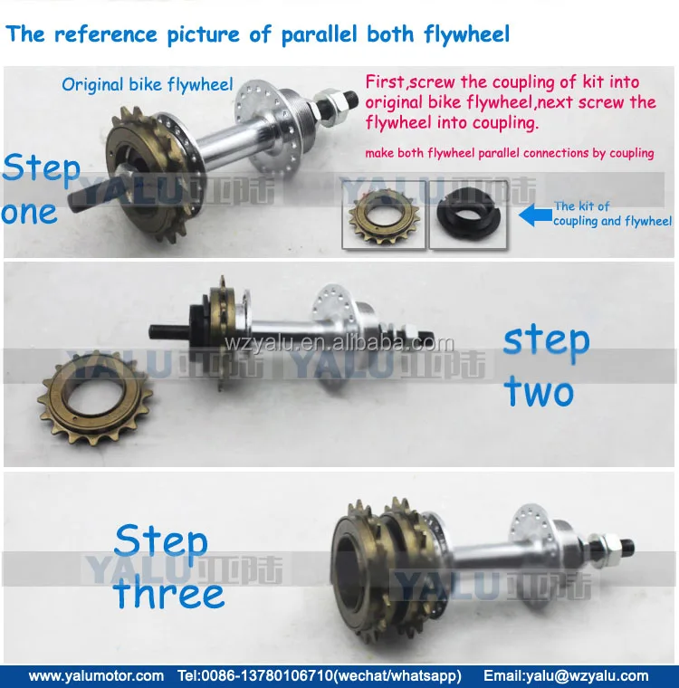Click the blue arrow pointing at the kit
click(x=535, y=215)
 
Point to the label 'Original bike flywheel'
click(x=147, y=85)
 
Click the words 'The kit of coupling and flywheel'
click(x=612, y=214)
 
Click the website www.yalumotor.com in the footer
click(x=96, y=675)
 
